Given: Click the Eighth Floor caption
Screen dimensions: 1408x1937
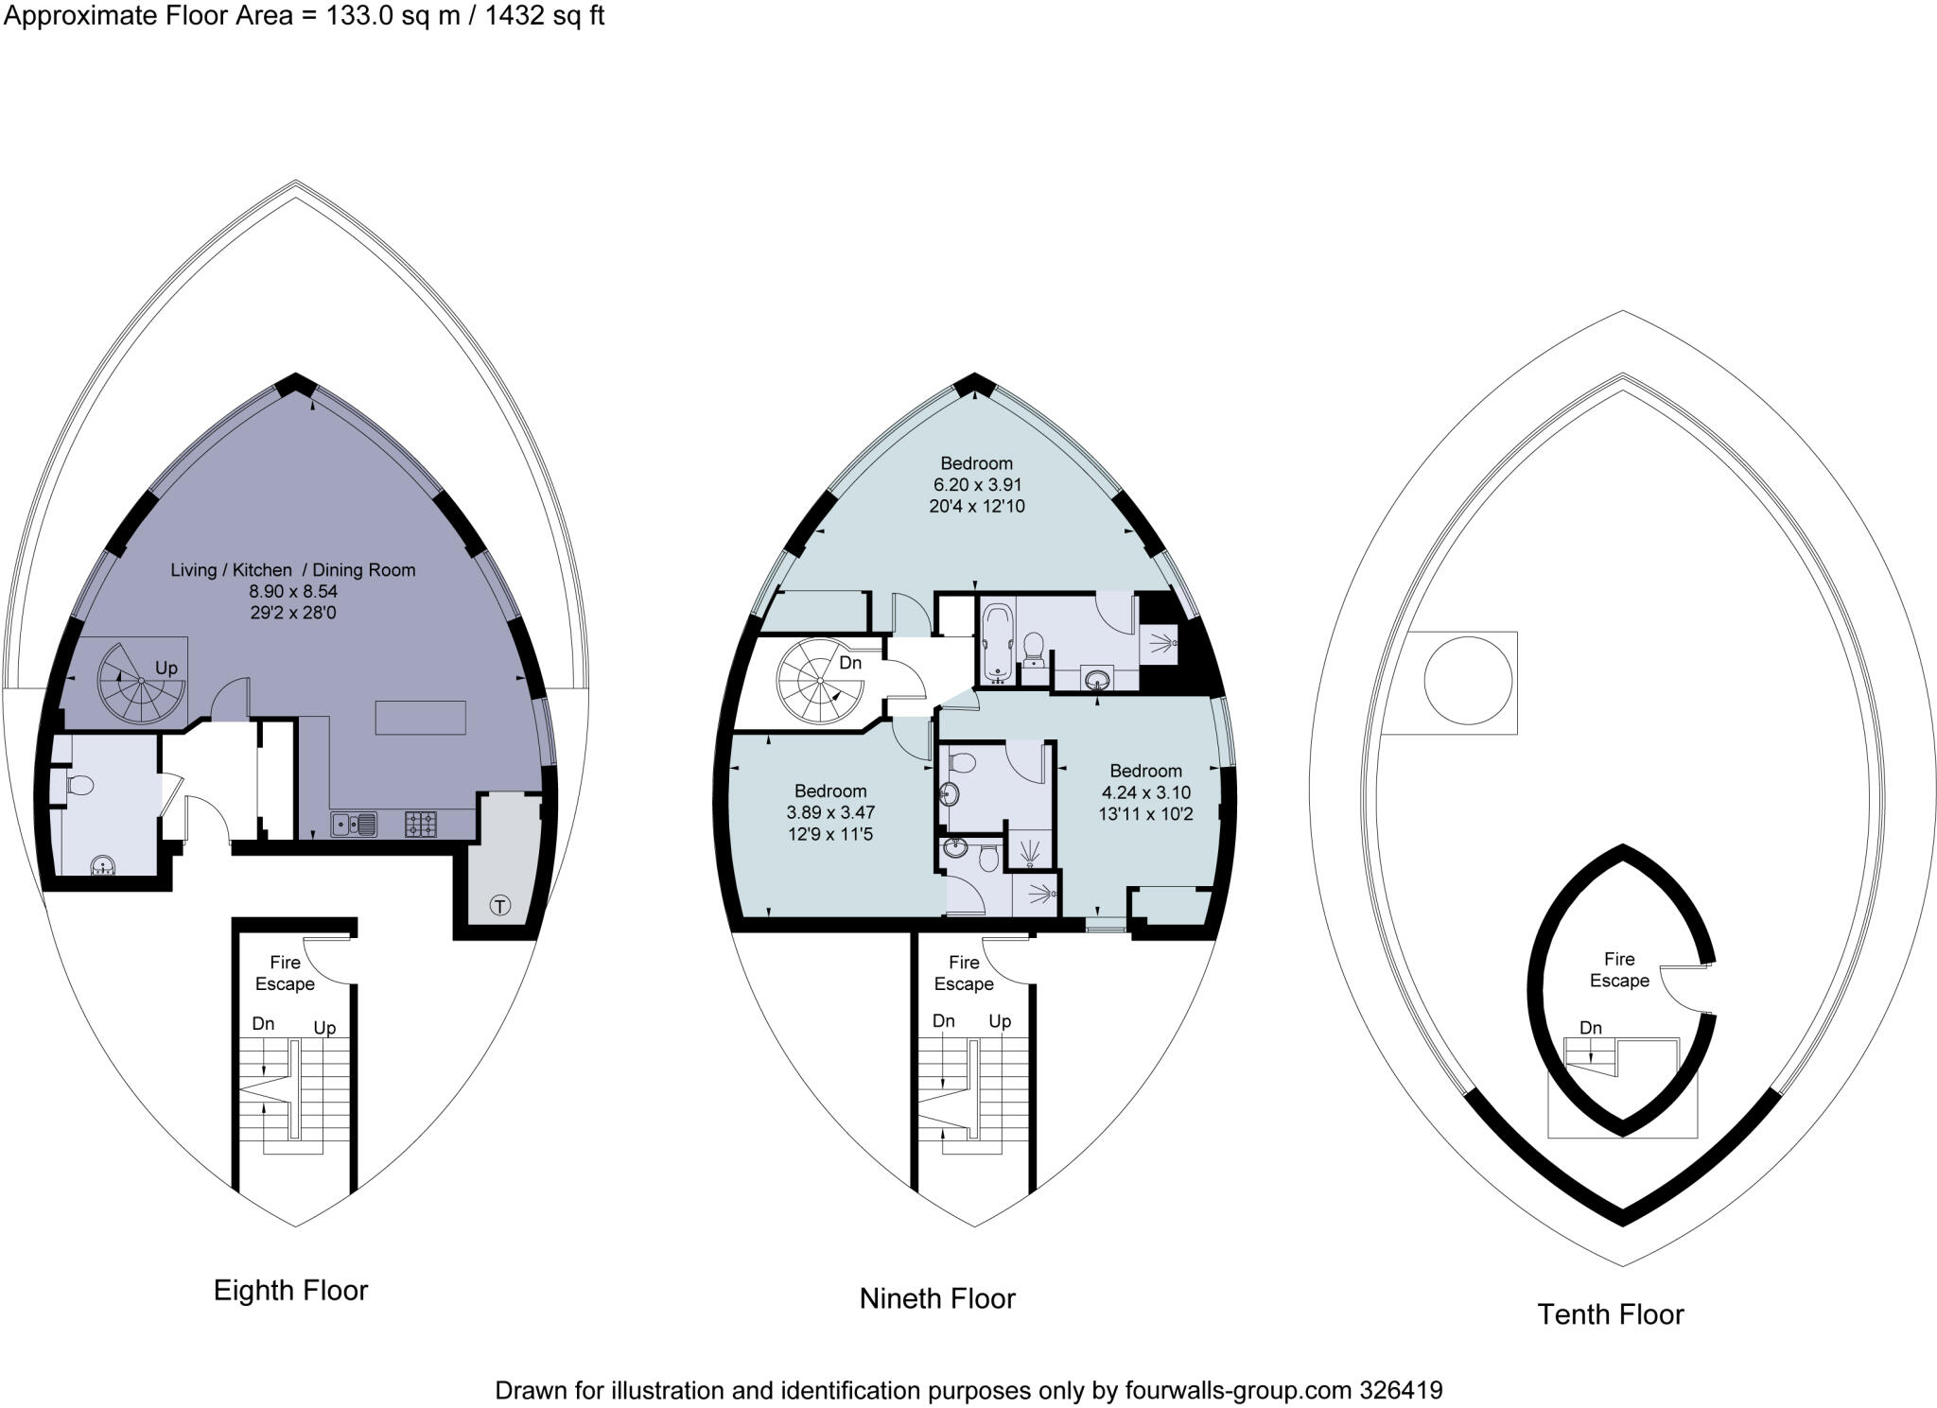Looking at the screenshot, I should point(290,1291).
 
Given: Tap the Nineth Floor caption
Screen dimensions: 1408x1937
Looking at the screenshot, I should point(936,1299).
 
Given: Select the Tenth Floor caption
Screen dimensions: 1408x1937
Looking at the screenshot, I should point(1610,1314).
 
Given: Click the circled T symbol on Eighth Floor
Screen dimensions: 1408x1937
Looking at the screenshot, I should point(499,906).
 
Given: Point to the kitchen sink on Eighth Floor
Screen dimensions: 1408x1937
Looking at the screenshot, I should point(354,825).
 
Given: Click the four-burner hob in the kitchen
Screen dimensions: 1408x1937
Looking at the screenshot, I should point(421,825).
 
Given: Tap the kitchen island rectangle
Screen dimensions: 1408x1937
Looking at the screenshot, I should point(420,718).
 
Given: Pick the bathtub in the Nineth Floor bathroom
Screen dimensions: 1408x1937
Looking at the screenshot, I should point(996,643).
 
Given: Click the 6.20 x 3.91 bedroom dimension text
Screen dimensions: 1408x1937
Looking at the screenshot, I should point(976,485).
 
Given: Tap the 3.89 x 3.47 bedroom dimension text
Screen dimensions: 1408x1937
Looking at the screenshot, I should point(830,812).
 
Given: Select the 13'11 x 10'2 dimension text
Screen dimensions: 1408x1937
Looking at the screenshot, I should point(1145,814).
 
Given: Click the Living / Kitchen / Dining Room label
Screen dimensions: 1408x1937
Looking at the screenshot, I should point(292,570).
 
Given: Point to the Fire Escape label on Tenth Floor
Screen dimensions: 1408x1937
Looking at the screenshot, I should point(1618,970).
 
